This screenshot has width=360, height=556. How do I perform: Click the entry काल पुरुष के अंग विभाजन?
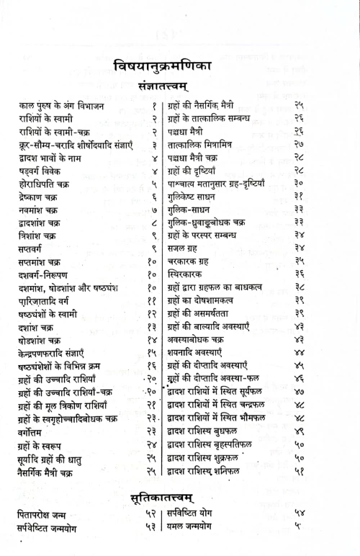point(61,107)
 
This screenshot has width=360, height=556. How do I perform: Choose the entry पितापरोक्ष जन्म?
point(48,515)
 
